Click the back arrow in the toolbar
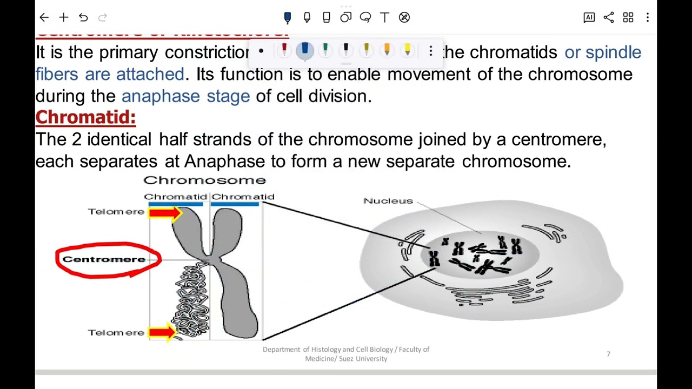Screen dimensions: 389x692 click(x=44, y=17)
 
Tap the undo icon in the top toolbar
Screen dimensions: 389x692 click(x=83, y=17)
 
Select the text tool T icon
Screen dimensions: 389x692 click(x=384, y=17)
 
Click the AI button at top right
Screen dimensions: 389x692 click(x=589, y=17)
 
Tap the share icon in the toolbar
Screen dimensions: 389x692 click(x=609, y=17)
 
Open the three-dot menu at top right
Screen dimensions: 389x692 click(x=648, y=17)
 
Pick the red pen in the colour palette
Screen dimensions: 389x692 click(x=284, y=51)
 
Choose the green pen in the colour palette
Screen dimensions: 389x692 click(x=325, y=51)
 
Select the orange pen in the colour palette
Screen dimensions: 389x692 click(x=387, y=51)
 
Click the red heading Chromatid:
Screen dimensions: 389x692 click(x=85, y=117)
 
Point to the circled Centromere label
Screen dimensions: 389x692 click(x=104, y=259)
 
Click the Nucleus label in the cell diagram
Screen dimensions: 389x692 click(x=388, y=201)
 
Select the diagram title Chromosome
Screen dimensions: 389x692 click(x=204, y=180)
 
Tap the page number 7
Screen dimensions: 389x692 click(x=608, y=354)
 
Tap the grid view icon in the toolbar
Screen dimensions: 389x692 click(x=628, y=17)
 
